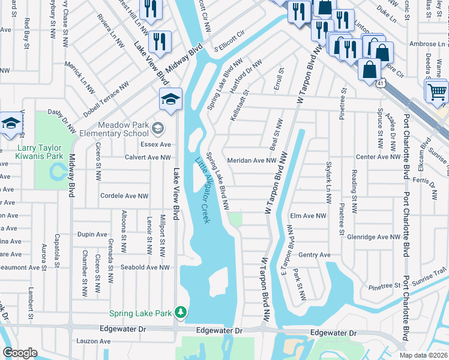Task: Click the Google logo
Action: pyautogui.click(x=20, y=353)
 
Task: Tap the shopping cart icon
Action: pyautogui.click(x=438, y=92)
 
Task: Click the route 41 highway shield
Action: pyautogui.click(x=381, y=86)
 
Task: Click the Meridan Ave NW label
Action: pyautogui.click(x=252, y=160)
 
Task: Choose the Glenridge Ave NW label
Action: pyautogui.click(x=373, y=237)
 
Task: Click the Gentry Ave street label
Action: pyautogui.click(x=315, y=255)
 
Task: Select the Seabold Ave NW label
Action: pyautogui.click(x=146, y=267)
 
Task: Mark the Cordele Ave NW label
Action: pyautogui.click(x=124, y=196)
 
